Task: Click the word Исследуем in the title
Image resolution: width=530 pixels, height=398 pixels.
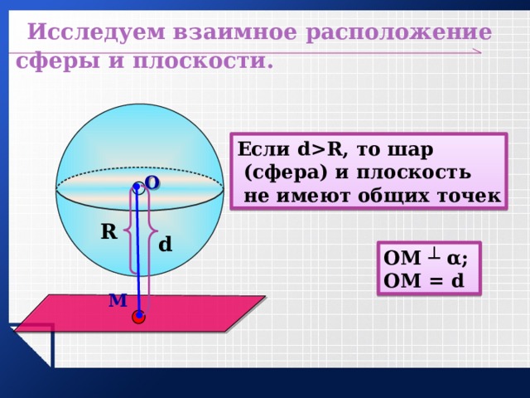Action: click(96, 33)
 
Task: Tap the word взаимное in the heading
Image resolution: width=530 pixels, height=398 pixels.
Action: click(235, 33)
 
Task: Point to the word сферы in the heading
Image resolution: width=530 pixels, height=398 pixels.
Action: click(58, 63)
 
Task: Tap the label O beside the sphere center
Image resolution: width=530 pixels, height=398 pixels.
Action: click(152, 183)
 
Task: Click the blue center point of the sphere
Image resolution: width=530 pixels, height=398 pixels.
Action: click(137, 186)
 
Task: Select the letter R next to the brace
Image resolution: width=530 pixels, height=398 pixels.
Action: click(109, 232)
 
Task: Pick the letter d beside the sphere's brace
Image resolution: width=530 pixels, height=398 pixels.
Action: click(166, 244)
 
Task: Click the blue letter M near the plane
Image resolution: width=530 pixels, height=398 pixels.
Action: click(118, 300)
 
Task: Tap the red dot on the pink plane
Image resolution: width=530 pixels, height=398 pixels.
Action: click(138, 317)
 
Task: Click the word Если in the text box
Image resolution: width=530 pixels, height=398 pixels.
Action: click(263, 149)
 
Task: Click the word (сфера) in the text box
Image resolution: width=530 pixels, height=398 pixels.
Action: click(286, 172)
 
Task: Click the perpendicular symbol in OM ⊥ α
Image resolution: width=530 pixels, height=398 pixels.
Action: click(434, 257)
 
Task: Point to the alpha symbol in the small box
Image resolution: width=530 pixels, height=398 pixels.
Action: click(455, 260)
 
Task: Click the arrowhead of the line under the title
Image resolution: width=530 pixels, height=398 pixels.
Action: click(477, 51)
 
